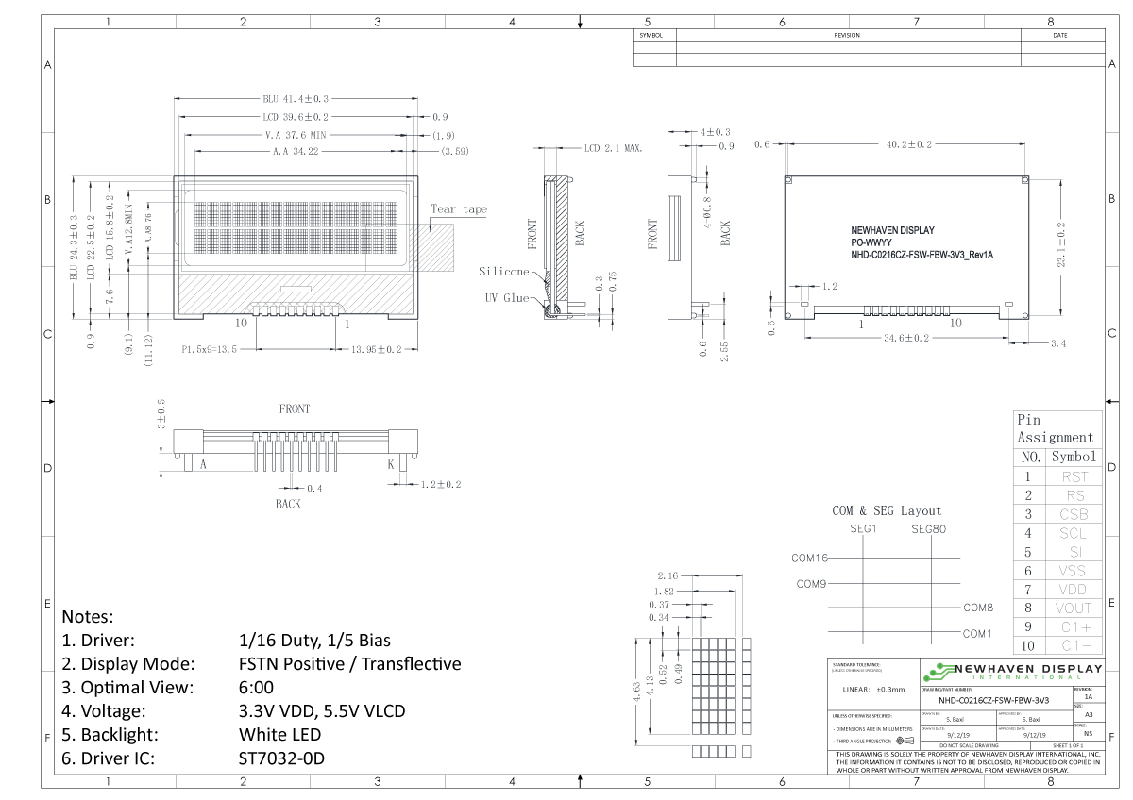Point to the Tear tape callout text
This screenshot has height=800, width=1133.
459,209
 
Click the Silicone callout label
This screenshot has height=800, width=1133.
503,272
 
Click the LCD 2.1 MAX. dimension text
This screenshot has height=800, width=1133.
613,149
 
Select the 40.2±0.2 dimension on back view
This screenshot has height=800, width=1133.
908,144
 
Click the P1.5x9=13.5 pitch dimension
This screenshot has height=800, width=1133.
209,350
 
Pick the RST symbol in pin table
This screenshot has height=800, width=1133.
1074,477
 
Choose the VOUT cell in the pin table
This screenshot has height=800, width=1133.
1074,608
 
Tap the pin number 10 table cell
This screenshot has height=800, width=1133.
1027,646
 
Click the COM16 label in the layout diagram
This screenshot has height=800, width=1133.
809,558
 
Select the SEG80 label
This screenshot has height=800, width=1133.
928,528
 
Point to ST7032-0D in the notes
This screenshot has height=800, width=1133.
281,758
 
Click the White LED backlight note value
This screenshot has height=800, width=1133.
279,734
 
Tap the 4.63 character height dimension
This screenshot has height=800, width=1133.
638,691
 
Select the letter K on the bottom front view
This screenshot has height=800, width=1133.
391,465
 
